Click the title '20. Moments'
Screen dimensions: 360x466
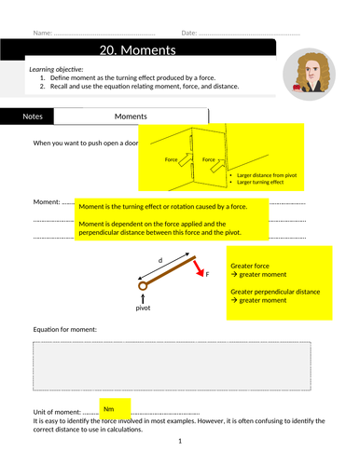(x=138, y=50)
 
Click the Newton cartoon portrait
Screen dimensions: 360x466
(x=309, y=75)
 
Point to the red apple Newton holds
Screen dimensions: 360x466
(x=297, y=87)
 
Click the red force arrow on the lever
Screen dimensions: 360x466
(x=199, y=268)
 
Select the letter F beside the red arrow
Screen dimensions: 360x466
(x=207, y=274)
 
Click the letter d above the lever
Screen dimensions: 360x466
(x=160, y=260)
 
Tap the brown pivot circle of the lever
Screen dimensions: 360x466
(x=143, y=286)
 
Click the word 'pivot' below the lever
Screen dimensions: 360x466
(x=143, y=308)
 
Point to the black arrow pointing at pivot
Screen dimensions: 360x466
(x=143, y=299)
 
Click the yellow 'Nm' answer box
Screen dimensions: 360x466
(x=115, y=409)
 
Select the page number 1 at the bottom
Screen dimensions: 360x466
(x=180, y=441)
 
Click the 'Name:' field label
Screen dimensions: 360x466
(x=43, y=33)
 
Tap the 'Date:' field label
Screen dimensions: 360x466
(x=189, y=33)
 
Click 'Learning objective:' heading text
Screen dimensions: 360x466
(x=56, y=69)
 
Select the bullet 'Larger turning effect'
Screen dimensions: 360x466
(x=260, y=182)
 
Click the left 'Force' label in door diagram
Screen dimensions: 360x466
(x=171, y=159)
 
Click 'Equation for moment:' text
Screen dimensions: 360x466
(x=65, y=329)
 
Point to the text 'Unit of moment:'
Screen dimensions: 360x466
(x=57, y=412)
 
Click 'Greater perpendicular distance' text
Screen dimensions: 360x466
(x=275, y=292)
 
